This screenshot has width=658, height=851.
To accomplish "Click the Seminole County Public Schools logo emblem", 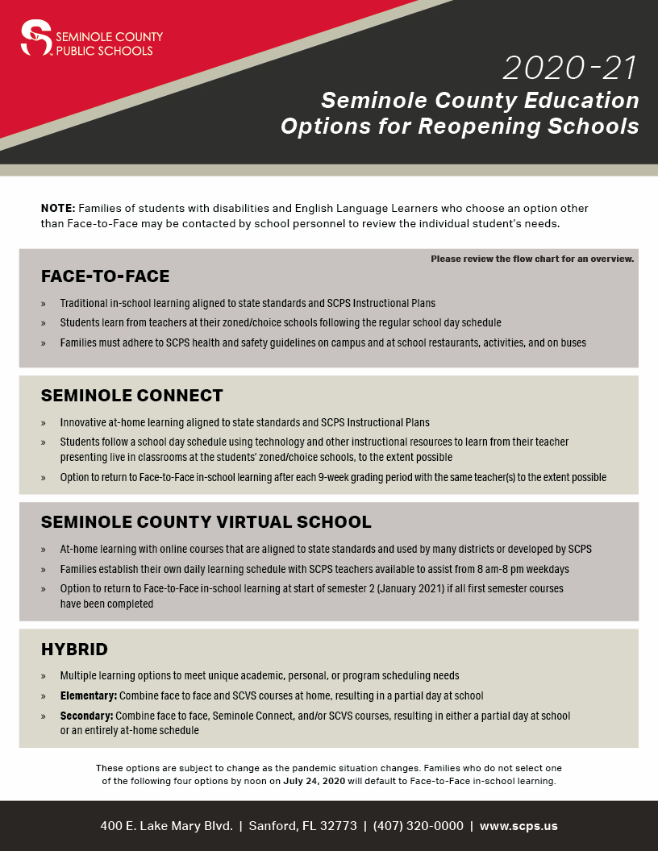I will (x=35, y=39).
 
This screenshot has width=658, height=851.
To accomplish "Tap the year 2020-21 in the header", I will (x=570, y=68).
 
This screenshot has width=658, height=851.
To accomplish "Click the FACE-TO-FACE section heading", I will (x=106, y=276).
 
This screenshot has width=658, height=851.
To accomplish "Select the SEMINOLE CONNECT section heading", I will (x=132, y=396).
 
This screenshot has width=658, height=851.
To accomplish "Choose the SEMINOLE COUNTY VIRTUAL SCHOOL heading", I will (x=206, y=522).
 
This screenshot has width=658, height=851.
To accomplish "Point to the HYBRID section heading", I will (x=74, y=649).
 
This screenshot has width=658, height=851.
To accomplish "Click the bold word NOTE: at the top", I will (x=58, y=208).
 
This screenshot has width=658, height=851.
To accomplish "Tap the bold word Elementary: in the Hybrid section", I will (x=89, y=695).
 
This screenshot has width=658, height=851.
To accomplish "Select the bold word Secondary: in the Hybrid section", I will (x=87, y=716).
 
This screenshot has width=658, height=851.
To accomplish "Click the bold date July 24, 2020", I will (x=315, y=781).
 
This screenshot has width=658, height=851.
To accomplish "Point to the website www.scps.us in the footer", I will (x=518, y=826).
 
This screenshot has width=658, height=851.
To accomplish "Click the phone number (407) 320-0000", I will (x=418, y=826).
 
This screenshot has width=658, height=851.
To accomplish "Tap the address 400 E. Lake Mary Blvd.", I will (x=166, y=826).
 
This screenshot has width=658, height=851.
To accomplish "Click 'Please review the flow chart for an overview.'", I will (x=532, y=259).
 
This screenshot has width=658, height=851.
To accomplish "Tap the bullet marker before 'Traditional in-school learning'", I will (x=44, y=304).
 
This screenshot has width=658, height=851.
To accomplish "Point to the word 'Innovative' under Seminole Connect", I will (x=82, y=422).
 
